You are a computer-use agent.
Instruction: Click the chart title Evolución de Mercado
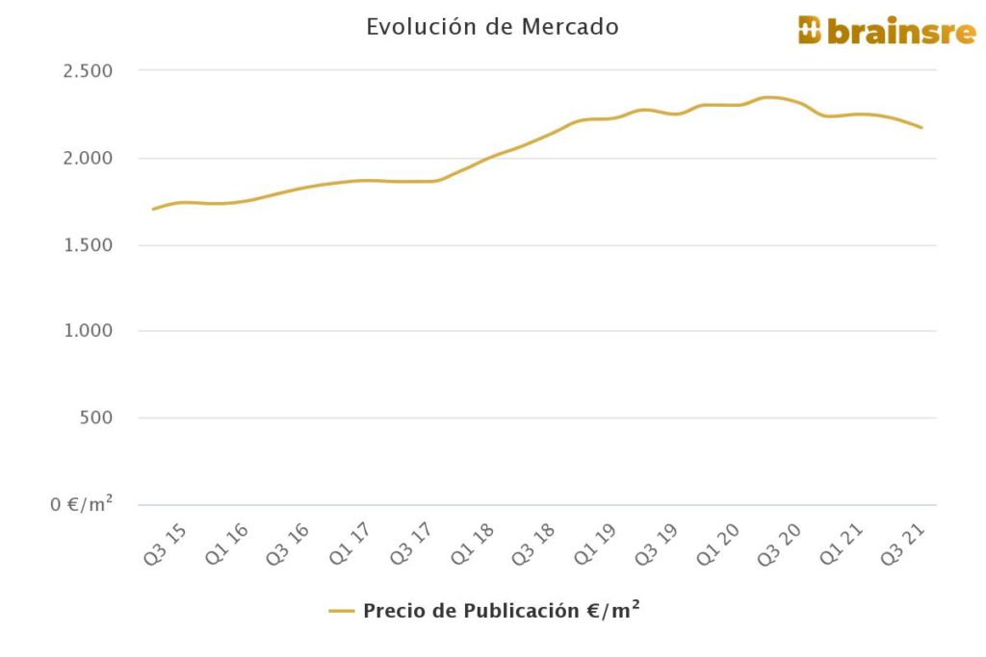pyautogui.click(x=492, y=27)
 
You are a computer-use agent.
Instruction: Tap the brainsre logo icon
pyautogui.click(x=810, y=31)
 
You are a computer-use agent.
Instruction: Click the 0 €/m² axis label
pyautogui.click(x=83, y=504)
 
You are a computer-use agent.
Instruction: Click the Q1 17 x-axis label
pyautogui.click(x=349, y=544)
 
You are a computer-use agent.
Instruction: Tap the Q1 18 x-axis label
pyautogui.click(x=475, y=544)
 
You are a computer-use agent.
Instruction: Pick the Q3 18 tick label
pyautogui.click(x=534, y=544)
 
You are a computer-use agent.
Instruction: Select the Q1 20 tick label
pyautogui.click(x=720, y=544)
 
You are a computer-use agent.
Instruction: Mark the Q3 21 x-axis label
pyautogui.click(x=905, y=544)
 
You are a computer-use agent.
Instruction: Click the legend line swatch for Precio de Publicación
pyautogui.click(x=342, y=611)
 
